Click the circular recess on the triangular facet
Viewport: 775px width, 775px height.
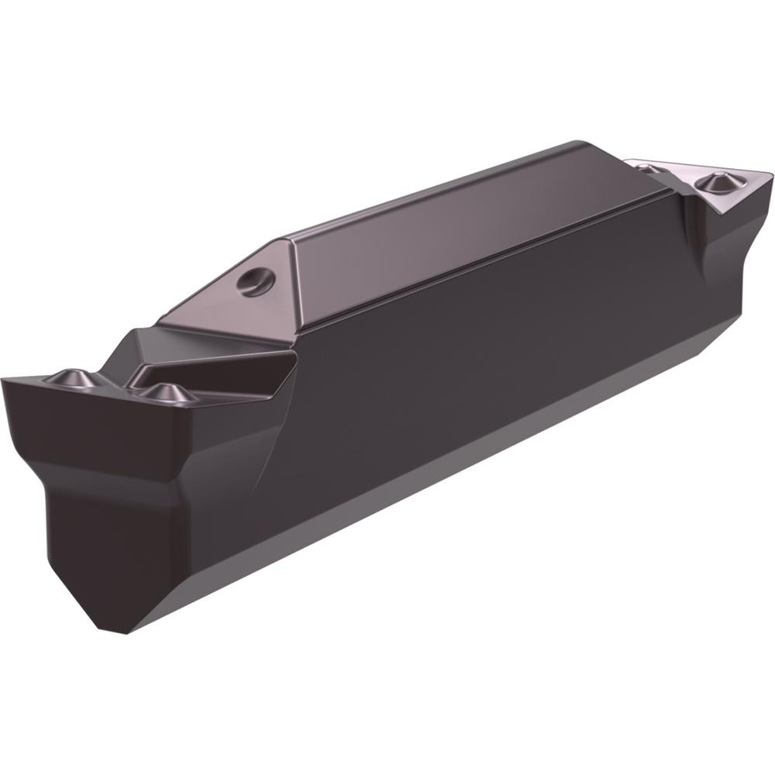pos(257,281)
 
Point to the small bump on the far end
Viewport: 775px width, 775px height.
pos(649,167)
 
